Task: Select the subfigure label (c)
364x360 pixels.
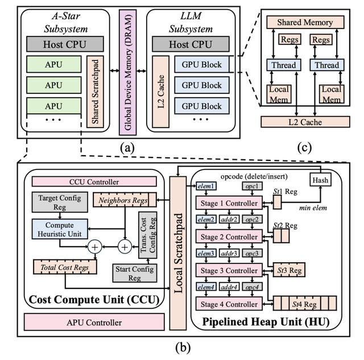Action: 305,147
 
